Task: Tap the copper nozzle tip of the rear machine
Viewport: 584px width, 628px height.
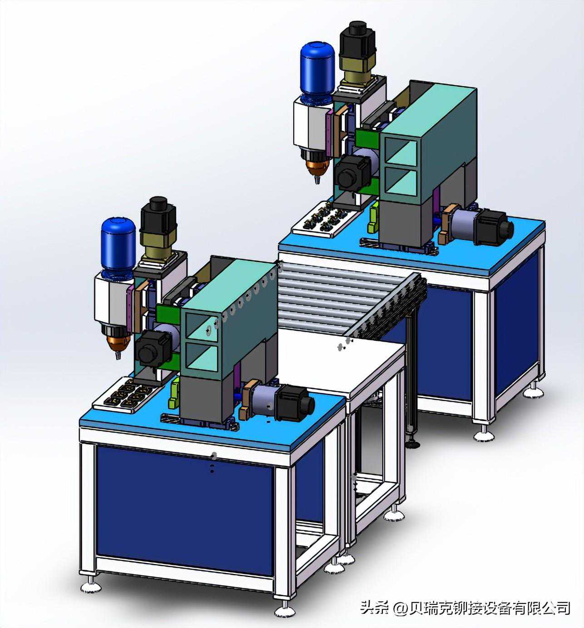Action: (x=317, y=171)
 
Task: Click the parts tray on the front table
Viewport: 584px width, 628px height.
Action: (x=127, y=394)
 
